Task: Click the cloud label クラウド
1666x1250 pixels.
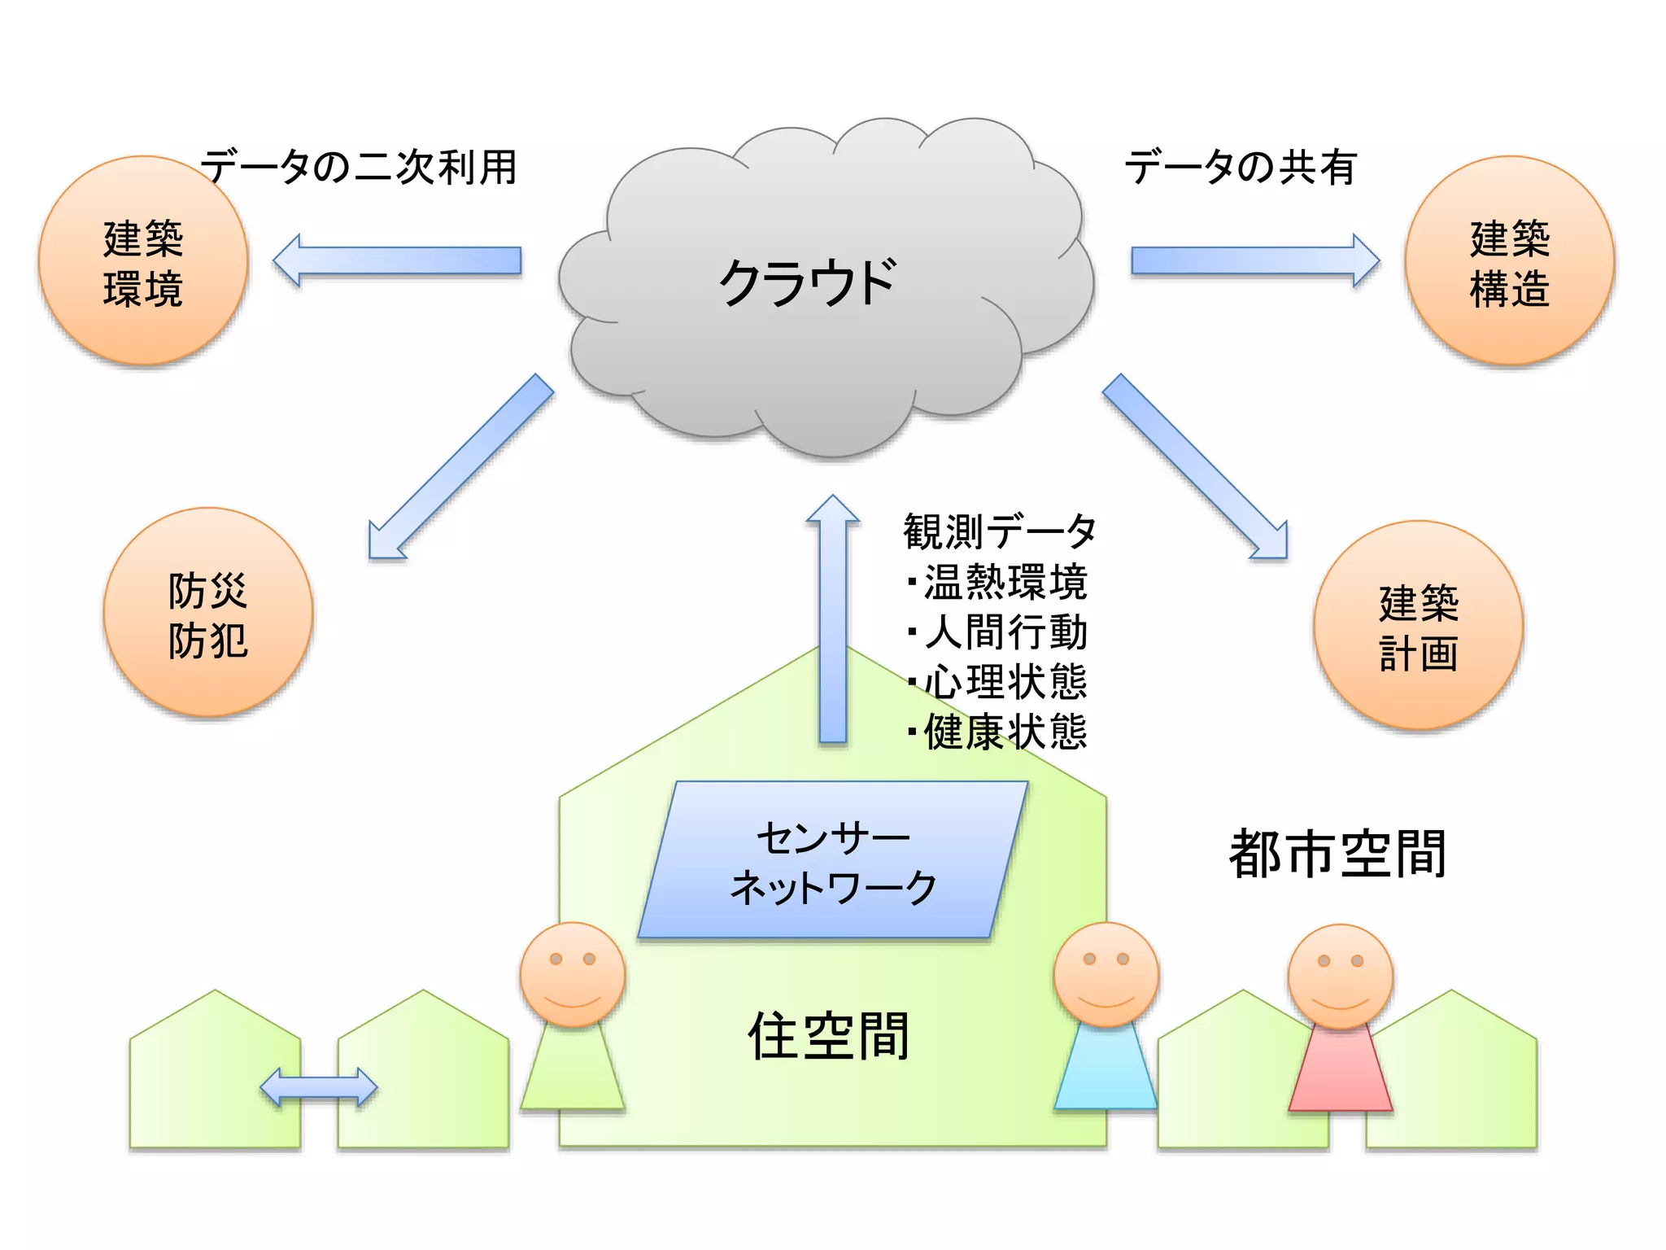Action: [807, 283]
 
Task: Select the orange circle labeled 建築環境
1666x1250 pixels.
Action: [143, 261]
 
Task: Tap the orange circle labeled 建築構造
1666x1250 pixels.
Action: [1510, 261]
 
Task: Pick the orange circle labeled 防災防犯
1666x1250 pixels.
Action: [208, 613]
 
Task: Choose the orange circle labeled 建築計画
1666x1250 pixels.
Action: [1419, 626]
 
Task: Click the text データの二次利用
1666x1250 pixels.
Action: [358, 167]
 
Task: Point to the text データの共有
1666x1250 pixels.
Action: [1240, 167]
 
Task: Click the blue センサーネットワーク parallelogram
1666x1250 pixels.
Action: [833, 861]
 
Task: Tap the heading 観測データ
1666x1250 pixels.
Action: [999, 531]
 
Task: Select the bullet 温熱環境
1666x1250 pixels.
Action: [1005, 582]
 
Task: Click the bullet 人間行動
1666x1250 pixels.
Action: [1005, 632]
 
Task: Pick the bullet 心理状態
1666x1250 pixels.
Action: [1005, 682]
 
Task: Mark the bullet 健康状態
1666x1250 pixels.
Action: [1005, 732]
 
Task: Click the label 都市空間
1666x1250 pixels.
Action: [1337, 854]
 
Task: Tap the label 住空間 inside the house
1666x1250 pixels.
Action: [828, 1036]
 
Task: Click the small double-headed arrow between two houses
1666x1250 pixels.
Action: [319, 1088]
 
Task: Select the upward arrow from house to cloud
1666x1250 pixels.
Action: [833, 618]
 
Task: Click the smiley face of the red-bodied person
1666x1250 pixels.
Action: [1340, 977]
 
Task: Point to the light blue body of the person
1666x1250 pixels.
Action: [1106, 1070]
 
